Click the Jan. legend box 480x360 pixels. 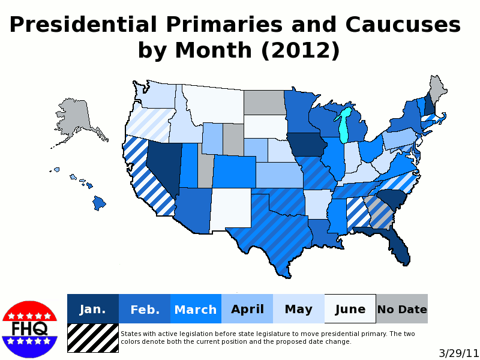click(92, 309)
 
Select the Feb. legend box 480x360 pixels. click(145, 309)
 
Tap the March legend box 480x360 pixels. click(196, 309)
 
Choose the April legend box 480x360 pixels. click(247, 309)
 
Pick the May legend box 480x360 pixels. click(299, 309)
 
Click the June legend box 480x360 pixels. click(350, 309)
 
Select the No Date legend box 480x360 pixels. click(402, 309)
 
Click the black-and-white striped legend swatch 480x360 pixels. click(92, 338)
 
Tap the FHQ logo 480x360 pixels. click(29, 329)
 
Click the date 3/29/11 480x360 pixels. click(458, 353)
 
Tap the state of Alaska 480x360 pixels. click(75, 120)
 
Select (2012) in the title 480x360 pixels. click(300, 50)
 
